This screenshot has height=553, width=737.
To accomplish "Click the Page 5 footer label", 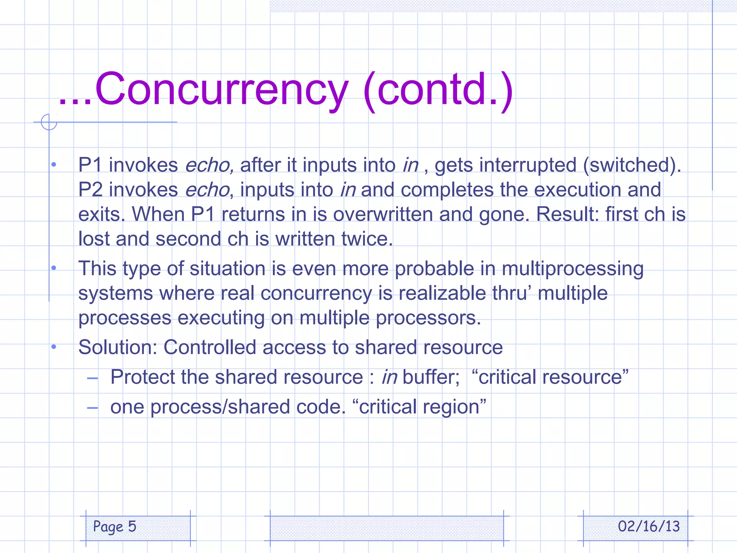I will tap(114, 526).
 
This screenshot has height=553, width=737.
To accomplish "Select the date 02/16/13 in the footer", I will tap(648, 526).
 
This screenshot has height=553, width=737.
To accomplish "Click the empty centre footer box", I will tap(386, 528).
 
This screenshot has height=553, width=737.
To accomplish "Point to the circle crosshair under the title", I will tap(49, 122).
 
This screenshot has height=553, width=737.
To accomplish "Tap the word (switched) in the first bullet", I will tap(632, 165).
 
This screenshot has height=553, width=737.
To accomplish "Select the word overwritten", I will tap(383, 214).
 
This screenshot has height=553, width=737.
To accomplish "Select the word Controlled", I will tap(210, 347).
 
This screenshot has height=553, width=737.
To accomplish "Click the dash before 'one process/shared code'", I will tap(92, 408).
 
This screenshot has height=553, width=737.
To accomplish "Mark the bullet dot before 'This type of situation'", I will tap(54, 268).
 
